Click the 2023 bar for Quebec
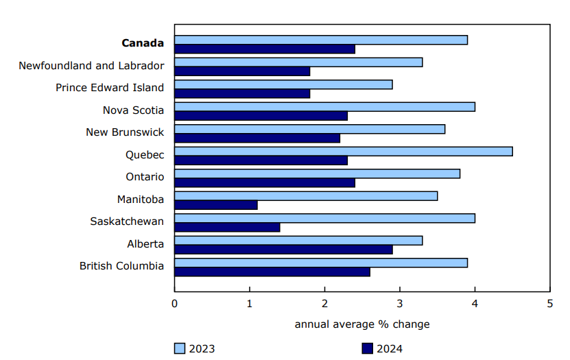[343, 151]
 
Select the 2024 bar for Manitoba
[215, 205]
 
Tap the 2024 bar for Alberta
[283, 250]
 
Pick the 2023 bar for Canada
[320, 40]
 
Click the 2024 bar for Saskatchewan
[227, 227]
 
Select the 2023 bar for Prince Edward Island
[283, 84]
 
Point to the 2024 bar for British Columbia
[272, 272]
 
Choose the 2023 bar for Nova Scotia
[324, 106]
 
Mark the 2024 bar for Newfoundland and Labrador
[242, 71]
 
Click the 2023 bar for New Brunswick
[309, 129]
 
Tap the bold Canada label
[143, 43]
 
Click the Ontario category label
[145, 177]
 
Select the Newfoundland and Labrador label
[91, 66]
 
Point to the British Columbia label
[121, 266]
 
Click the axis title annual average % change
[362, 324]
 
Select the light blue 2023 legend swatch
[179, 348]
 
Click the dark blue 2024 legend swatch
[366, 348]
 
